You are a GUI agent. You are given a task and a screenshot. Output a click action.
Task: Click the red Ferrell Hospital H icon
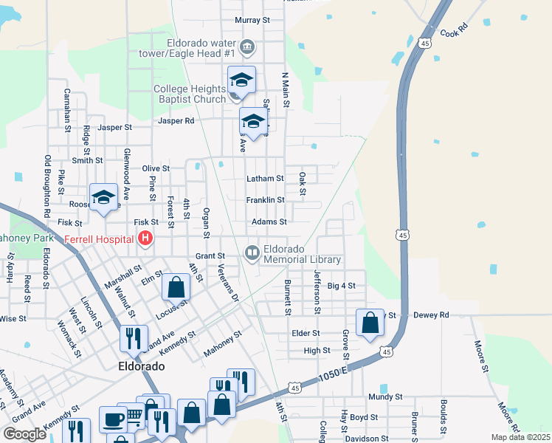pos(145,238)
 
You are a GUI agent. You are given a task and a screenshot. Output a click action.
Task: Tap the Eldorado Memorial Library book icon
pos(252,254)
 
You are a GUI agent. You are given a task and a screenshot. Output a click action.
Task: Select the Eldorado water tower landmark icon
pos(248,47)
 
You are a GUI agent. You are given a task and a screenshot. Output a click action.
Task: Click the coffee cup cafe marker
pos(113,419)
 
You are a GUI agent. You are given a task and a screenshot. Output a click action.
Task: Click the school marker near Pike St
pos(104,197)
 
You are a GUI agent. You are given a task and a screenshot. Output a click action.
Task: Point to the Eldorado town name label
pos(140,366)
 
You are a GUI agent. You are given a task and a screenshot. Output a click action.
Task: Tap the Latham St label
pos(264,179)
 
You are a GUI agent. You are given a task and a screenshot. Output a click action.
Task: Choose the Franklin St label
pos(265,200)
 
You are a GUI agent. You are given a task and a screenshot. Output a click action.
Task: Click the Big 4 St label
pos(341,285)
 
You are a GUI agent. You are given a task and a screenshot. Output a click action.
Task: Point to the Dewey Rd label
pos(431,315)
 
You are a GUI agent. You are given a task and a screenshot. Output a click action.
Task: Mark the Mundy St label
pos(386,396)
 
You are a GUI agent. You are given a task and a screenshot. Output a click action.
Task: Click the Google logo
pos(24,434)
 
